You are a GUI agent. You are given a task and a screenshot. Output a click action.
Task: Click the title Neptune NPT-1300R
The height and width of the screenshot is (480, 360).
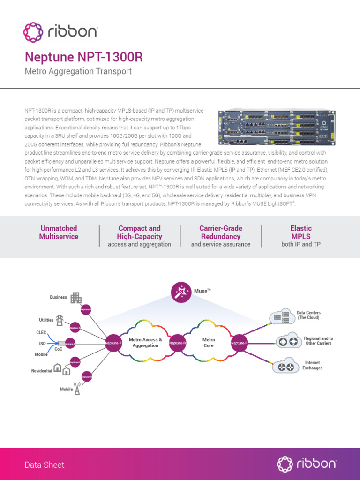83,57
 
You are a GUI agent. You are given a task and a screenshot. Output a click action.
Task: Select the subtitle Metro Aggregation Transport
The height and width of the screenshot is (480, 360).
78,72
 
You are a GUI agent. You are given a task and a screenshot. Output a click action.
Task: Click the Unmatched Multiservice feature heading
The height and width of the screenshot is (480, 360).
59,232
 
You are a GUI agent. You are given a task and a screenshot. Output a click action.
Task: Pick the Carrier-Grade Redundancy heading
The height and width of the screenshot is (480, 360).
220,232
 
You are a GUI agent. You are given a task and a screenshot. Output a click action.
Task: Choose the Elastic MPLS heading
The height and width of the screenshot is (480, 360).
301,232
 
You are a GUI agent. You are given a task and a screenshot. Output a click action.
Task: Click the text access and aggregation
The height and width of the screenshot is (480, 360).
139,244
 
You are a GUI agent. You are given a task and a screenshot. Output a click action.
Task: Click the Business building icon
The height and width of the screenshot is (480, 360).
75,298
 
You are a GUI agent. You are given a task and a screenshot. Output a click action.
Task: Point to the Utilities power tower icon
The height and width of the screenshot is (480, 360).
60,320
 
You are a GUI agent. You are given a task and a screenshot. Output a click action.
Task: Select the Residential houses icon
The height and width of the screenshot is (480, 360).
62,369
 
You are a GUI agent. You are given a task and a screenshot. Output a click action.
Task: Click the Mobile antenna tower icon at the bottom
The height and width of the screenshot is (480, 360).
77,389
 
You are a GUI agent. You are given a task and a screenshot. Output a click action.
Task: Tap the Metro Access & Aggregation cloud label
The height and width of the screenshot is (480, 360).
145,343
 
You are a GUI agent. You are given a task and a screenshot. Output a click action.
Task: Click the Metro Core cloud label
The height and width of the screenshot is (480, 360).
209,343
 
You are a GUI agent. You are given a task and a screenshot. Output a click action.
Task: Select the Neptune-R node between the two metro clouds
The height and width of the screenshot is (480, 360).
178,343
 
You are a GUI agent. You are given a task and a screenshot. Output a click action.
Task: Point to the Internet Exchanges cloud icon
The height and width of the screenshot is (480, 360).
285,366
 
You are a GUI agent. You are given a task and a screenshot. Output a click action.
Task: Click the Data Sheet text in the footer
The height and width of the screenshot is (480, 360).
45,465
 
